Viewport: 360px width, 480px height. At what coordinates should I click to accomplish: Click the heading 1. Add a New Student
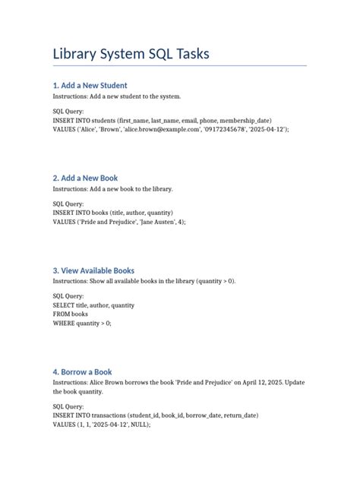click(x=90, y=85)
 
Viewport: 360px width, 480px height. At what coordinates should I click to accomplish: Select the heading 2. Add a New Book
click(x=85, y=178)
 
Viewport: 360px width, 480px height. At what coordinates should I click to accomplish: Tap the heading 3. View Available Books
click(x=93, y=270)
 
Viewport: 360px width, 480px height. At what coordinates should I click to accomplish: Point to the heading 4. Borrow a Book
click(x=82, y=371)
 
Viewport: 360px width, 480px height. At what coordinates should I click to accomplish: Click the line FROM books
click(x=70, y=314)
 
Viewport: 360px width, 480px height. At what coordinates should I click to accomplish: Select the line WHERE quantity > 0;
click(x=81, y=323)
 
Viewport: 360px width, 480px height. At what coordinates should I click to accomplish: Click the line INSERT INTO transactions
click(x=155, y=415)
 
